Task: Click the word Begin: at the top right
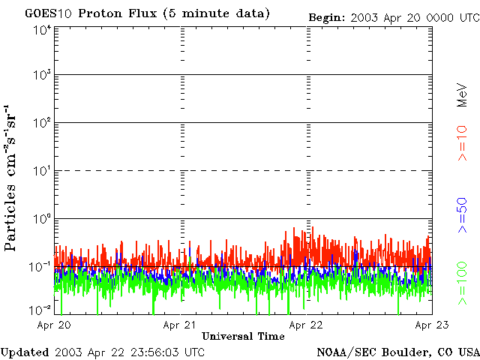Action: tap(327, 17)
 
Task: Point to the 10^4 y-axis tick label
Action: tap(41, 30)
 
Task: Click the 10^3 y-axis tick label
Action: tap(41, 76)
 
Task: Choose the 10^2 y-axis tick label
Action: tap(41, 123)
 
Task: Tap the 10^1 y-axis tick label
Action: tap(41, 171)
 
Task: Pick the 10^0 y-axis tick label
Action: tap(41, 219)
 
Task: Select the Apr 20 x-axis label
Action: tap(54, 325)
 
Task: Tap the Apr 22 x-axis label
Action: tap(307, 325)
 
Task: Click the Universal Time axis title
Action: tap(243, 337)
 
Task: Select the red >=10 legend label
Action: tap(463, 144)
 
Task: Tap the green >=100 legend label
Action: tap(463, 284)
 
